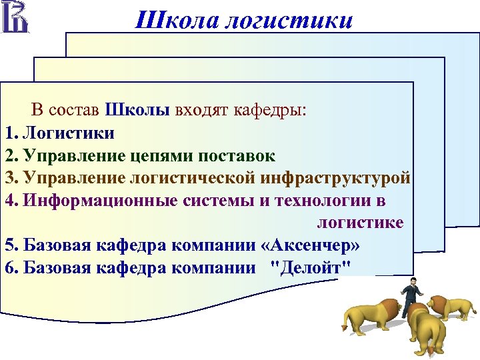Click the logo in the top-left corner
tap(15, 17)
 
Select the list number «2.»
tap(11, 155)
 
